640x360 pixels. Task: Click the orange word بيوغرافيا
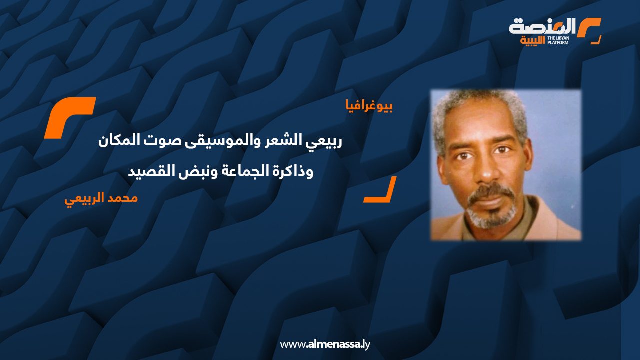(x=369, y=106)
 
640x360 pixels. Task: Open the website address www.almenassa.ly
(x=325, y=344)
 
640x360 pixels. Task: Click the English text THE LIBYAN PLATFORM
(x=558, y=40)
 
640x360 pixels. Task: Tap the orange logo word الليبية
(x=532, y=41)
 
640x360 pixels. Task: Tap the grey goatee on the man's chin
(x=492, y=217)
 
